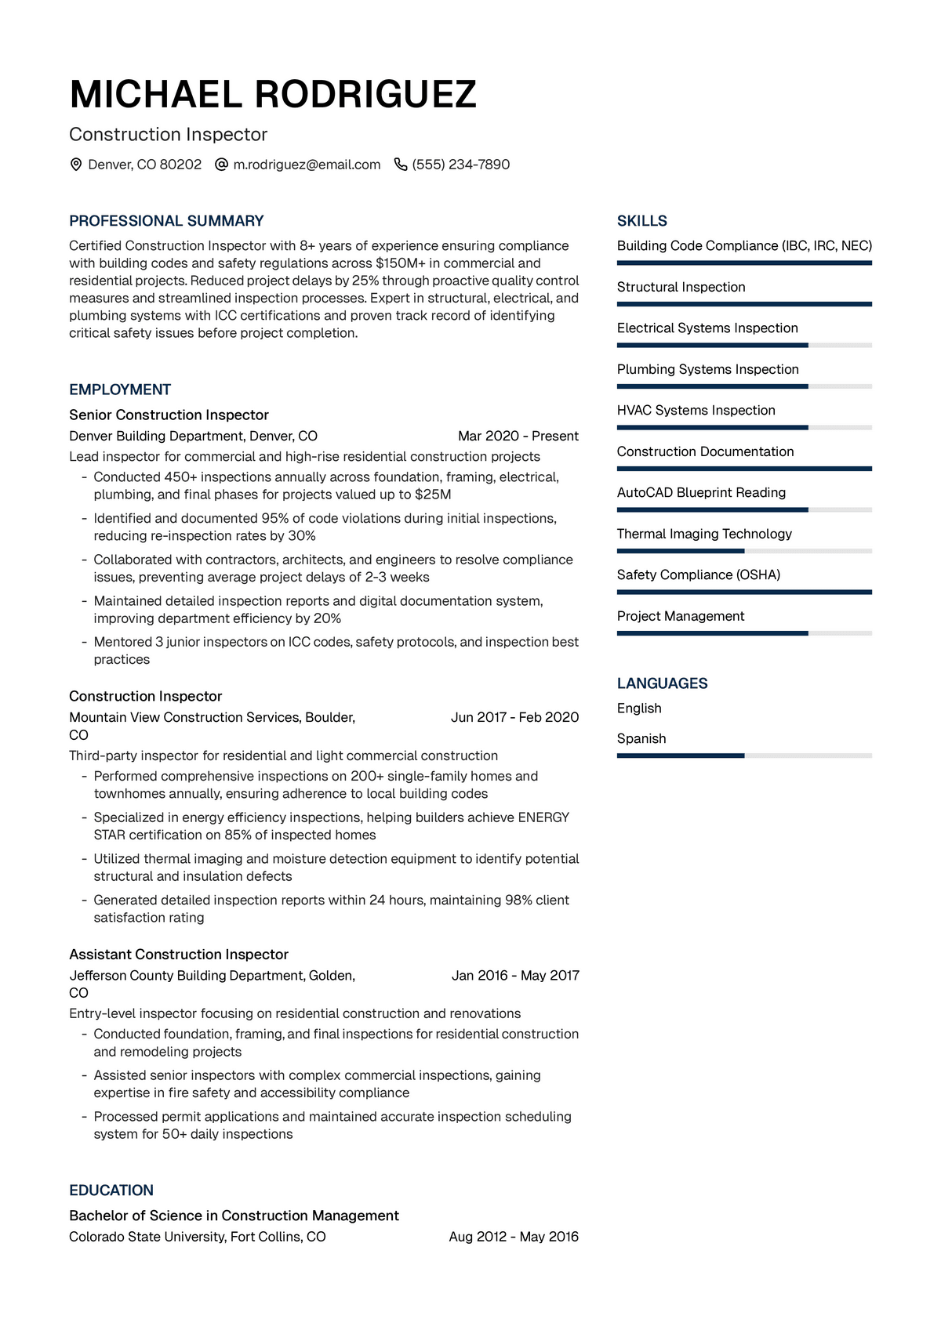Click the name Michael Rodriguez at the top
(x=273, y=94)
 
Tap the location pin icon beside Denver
(x=76, y=165)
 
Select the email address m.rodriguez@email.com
(x=307, y=165)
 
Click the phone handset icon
(x=401, y=165)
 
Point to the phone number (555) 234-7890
(x=461, y=165)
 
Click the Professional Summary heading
(x=166, y=221)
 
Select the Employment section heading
(x=120, y=390)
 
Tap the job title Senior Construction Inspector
(x=169, y=415)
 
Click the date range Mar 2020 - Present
(x=518, y=436)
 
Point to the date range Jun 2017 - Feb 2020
(x=514, y=717)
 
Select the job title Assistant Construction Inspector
(x=179, y=954)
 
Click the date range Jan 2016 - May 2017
(x=515, y=975)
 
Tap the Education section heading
(x=111, y=1190)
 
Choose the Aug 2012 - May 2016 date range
(x=514, y=1237)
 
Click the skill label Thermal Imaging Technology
(x=704, y=534)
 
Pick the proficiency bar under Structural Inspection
(x=744, y=304)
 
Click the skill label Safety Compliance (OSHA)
(x=699, y=574)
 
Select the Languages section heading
(x=662, y=683)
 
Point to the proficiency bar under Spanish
(x=744, y=756)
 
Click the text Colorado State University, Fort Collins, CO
(x=198, y=1237)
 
